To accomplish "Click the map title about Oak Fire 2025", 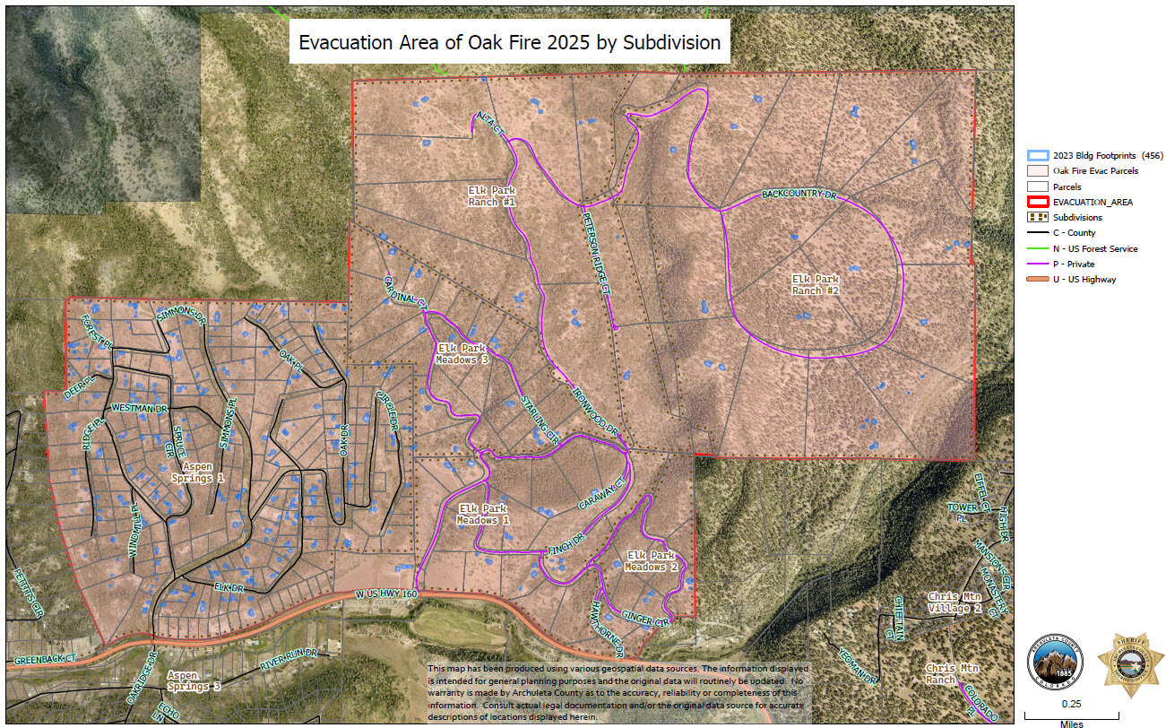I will click(x=509, y=42).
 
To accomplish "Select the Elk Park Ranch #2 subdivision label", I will click(x=815, y=284).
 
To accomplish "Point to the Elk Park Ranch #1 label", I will click(x=491, y=195).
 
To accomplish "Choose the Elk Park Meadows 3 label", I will click(x=462, y=353).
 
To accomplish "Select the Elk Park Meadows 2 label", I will click(x=651, y=561).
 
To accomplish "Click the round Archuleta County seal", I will click(x=1053, y=664).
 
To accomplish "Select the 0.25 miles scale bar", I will click(x=1071, y=714).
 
